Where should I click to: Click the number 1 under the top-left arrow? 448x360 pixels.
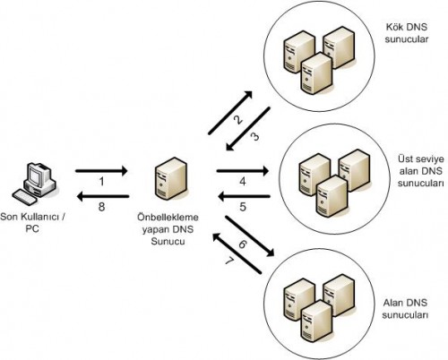102,182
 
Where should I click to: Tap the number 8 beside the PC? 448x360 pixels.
101,207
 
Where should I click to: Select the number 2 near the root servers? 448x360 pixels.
238,120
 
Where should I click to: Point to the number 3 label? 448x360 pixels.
254,137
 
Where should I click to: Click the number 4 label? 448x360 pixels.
243,182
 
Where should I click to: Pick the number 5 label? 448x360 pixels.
243,207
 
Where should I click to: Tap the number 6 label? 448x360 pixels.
243,244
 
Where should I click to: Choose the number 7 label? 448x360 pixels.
229,261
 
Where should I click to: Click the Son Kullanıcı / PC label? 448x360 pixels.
32,223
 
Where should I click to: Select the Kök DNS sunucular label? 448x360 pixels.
407,33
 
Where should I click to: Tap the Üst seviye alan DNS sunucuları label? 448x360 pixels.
421,171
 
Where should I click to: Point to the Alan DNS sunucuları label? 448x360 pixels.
405,309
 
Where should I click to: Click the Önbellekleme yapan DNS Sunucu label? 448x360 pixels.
168,229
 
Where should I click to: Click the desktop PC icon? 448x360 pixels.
34,184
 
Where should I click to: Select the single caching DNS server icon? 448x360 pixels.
171,178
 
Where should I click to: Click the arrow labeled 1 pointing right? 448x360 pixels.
101,171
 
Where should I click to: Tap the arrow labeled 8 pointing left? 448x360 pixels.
103,196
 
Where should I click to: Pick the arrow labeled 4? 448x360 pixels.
243,171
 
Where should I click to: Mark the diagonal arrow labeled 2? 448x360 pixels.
230,113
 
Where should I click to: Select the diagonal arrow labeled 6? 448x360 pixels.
250,236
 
